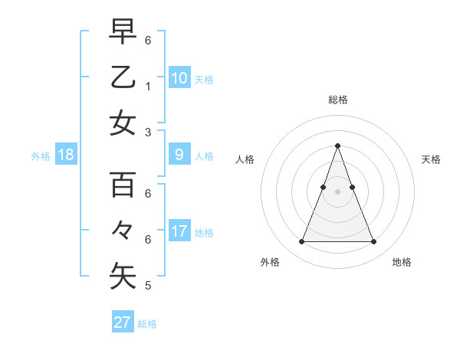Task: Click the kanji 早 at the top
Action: (x=123, y=31)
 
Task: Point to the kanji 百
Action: (x=123, y=185)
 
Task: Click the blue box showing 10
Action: (x=179, y=77)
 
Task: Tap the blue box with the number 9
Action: (x=179, y=155)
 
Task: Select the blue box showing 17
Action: (x=179, y=231)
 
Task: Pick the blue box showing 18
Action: (x=66, y=155)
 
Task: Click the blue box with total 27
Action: (x=122, y=322)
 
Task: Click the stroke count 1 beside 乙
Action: (x=148, y=87)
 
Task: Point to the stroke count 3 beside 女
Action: (x=148, y=133)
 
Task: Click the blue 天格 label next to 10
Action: (x=204, y=79)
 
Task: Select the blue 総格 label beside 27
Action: (x=147, y=324)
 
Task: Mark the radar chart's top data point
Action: (x=337, y=146)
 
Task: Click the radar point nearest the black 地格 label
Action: (x=373, y=242)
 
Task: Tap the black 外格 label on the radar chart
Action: (x=270, y=262)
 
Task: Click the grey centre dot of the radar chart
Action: (x=337, y=191)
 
